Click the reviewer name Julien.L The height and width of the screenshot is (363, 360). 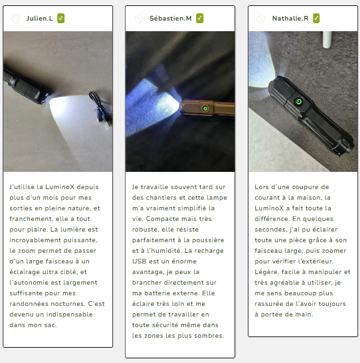(x=40, y=19)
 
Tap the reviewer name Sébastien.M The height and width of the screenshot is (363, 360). (x=171, y=19)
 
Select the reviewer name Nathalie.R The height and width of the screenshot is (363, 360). (x=290, y=19)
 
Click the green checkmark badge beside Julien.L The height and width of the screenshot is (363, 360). (x=61, y=19)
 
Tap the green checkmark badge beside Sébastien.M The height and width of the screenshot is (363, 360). (x=200, y=19)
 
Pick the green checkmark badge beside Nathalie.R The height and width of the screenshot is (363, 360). (x=316, y=19)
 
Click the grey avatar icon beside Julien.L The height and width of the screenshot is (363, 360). (x=16, y=19)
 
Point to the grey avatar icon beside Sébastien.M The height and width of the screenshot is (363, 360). (x=139, y=19)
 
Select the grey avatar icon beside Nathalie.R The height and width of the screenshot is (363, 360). (x=261, y=19)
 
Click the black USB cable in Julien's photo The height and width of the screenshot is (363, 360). (x=102, y=108)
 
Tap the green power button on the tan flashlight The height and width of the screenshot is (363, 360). (x=205, y=108)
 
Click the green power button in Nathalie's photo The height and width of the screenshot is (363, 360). (x=299, y=102)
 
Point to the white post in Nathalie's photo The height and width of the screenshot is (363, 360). (x=327, y=40)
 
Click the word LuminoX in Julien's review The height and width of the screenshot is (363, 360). (x=60, y=187)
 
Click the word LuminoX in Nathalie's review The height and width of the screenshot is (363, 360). (x=269, y=208)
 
